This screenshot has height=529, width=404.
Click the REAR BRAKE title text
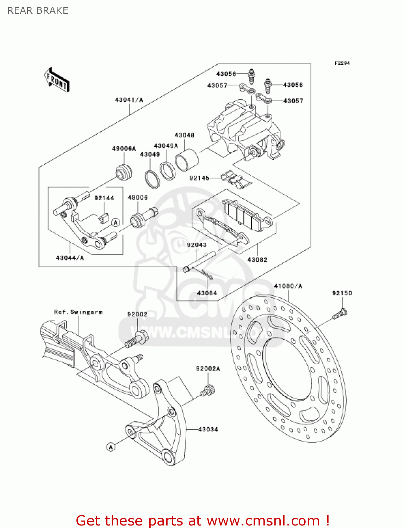[38, 11]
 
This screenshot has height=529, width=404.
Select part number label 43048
[184, 135]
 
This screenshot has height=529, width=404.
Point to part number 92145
[199, 178]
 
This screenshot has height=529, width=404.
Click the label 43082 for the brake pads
[257, 260]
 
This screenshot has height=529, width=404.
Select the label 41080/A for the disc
[288, 286]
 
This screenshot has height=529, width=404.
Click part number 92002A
[208, 369]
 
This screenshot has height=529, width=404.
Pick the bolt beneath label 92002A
[208, 391]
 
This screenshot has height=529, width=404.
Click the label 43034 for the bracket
[208, 429]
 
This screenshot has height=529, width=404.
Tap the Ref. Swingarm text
[78, 312]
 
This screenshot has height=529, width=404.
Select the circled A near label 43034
[111, 447]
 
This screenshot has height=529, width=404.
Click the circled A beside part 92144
[116, 222]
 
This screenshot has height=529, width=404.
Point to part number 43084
[207, 293]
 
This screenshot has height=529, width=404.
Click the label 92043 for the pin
[197, 245]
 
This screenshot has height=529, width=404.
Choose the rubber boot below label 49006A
[124, 171]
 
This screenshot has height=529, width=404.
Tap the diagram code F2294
[342, 63]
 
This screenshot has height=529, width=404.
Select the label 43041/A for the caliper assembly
[129, 100]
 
